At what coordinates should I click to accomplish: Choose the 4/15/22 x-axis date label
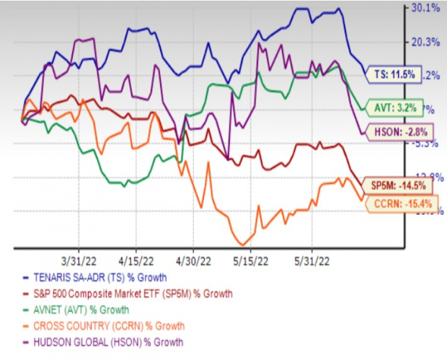click(133, 258)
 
